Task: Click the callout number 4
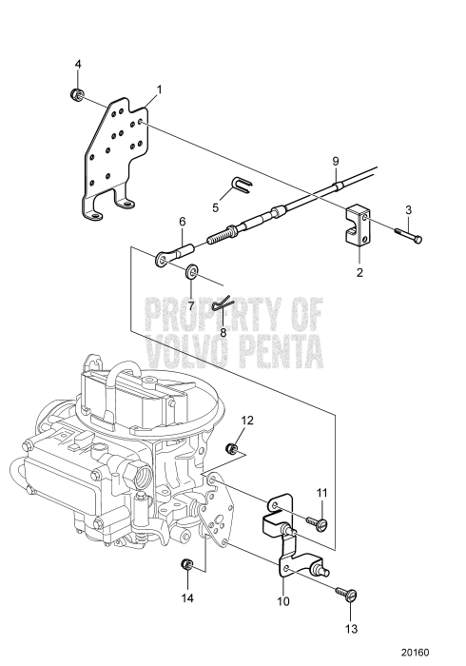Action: [78, 64]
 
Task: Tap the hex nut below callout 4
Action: [76, 94]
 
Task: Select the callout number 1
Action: [159, 89]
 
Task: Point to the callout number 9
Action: [336, 162]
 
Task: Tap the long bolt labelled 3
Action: [408, 235]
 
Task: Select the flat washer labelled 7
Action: [191, 271]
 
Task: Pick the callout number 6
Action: [182, 222]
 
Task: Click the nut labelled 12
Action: [232, 448]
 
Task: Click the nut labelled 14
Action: [186, 565]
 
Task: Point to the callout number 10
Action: [283, 601]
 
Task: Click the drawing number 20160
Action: [416, 653]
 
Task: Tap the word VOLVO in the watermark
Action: [184, 352]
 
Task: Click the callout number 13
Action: [352, 629]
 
